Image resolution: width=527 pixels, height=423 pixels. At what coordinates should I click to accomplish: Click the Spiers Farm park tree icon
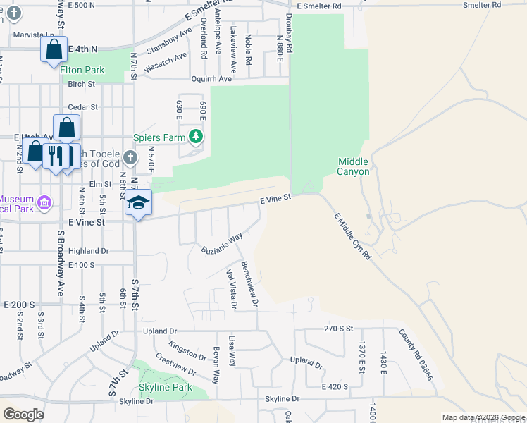tap(199, 137)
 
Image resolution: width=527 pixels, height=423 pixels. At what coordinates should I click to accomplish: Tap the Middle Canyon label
tap(353, 166)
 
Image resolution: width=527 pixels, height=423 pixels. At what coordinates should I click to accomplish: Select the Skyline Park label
tap(166, 387)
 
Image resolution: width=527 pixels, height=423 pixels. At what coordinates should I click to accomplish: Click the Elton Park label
tap(82, 70)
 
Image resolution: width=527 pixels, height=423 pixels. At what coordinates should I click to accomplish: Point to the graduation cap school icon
tap(139, 203)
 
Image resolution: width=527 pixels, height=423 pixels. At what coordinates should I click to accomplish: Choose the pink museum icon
tap(45, 204)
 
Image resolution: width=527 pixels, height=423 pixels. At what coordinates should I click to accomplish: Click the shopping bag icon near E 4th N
tap(54, 50)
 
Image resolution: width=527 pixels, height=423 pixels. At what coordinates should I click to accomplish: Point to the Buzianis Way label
tap(222, 244)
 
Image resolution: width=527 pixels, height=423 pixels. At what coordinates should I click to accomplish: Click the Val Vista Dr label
tap(230, 288)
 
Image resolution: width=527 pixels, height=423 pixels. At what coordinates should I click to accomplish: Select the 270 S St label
tap(337, 328)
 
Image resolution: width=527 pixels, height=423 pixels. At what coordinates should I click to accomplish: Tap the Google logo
tap(24, 415)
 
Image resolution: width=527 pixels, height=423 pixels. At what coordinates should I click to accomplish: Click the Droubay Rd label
tap(290, 27)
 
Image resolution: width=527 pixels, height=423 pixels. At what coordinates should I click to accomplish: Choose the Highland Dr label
tap(89, 250)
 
